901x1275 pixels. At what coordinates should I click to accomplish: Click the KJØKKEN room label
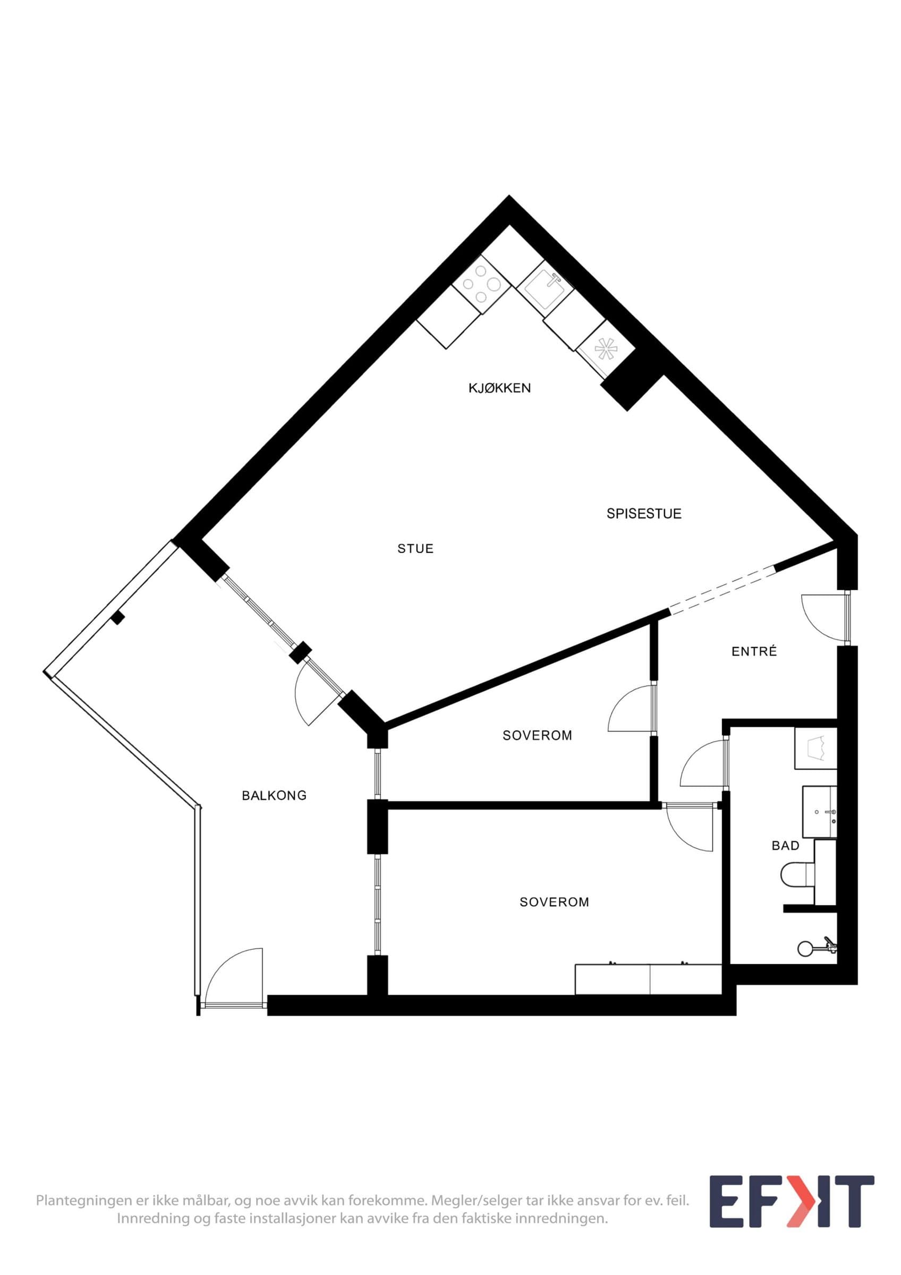coord(499,388)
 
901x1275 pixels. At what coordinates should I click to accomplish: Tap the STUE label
coord(415,549)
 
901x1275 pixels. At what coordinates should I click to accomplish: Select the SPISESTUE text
coord(644,514)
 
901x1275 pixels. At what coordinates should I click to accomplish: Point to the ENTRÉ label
coord(754,651)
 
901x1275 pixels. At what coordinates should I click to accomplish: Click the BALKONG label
coord(274,796)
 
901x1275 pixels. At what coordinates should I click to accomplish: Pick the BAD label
coord(786,846)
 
